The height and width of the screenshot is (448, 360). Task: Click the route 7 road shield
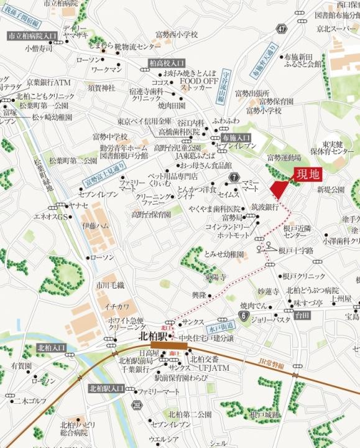click(234, 178)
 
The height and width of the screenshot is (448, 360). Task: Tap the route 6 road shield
click(244, 316)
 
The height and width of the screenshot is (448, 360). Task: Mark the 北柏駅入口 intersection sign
click(106, 388)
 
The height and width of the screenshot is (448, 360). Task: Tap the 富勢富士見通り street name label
click(103, 176)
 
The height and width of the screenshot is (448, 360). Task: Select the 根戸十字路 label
click(296, 250)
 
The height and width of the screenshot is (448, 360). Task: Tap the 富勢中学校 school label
click(110, 136)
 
